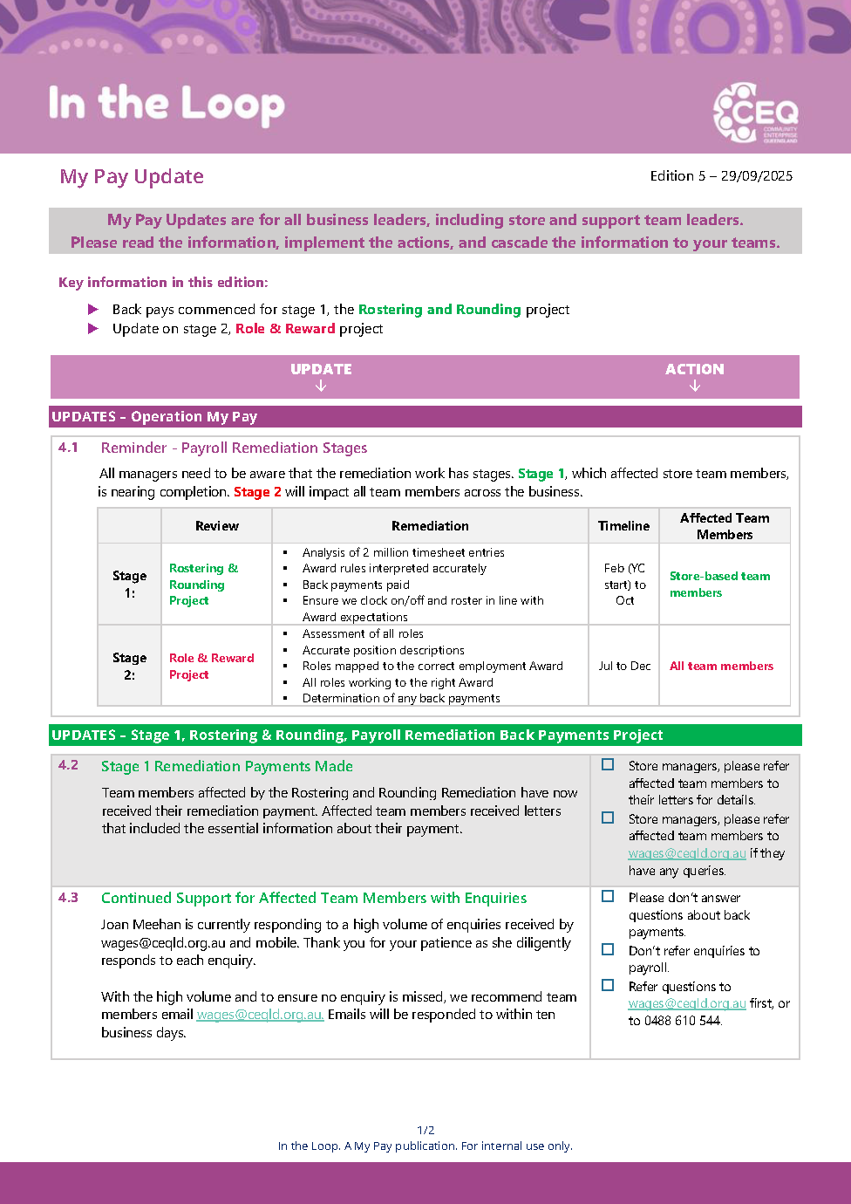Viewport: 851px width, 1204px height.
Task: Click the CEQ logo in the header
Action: point(755,113)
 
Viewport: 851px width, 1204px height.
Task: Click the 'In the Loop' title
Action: point(167,104)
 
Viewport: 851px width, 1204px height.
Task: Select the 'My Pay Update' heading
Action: point(132,176)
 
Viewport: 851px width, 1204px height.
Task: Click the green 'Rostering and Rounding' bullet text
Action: point(439,309)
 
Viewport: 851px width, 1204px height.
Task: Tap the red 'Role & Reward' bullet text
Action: point(285,329)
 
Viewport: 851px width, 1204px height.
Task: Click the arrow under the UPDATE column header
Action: point(321,386)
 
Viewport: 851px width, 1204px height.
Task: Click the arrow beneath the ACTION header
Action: point(695,386)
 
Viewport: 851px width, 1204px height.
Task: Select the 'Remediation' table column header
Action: point(430,526)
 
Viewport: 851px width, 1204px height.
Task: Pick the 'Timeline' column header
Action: point(623,526)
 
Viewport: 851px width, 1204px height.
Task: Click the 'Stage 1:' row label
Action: point(129,585)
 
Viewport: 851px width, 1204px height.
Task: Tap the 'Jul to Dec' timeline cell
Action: point(624,666)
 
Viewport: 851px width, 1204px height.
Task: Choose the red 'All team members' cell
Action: point(721,666)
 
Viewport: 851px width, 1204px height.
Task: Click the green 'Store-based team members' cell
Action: point(719,585)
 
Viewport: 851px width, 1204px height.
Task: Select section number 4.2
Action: point(68,765)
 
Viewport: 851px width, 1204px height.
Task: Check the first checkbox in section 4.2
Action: point(608,764)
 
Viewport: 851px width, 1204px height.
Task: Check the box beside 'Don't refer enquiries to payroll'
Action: point(608,949)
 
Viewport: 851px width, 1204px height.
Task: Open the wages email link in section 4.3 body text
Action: point(260,1015)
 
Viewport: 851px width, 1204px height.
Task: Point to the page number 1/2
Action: point(425,1130)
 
